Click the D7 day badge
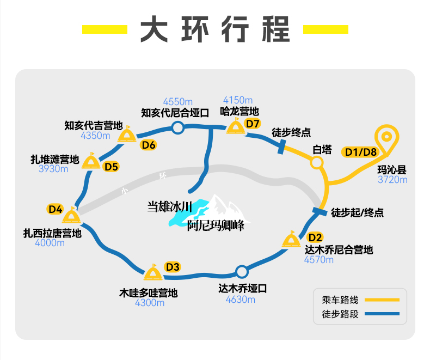(253, 124)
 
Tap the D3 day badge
(173, 267)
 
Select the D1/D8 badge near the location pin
(361, 152)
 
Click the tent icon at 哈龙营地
(236, 126)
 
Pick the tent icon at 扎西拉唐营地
(71, 215)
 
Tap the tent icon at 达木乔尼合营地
(291, 239)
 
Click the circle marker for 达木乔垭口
(242, 272)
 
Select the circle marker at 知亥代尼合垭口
(177, 127)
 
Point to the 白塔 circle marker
(317, 162)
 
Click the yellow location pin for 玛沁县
(386, 136)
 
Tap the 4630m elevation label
(240, 300)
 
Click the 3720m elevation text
(392, 180)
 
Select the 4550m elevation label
(177, 102)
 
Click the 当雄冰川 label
(169, 206)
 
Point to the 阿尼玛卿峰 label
(216, 225)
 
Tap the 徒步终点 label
(291, 132)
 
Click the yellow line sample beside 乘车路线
(382, 300)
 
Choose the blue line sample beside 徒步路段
(382, 314)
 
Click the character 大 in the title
(154, 29)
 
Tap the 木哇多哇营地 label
(149, 293)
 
